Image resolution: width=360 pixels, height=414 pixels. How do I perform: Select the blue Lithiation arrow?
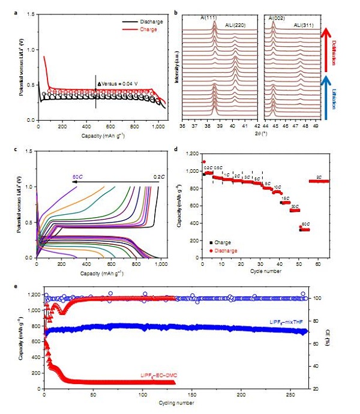325,95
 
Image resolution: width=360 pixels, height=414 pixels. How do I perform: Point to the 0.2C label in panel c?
158,161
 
